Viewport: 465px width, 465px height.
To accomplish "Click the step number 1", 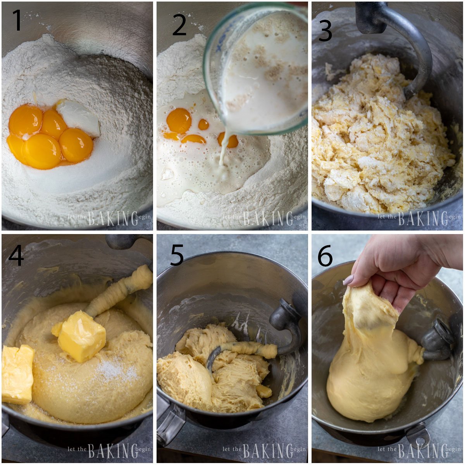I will [17, 20].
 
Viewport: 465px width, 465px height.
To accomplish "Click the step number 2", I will [179, 26].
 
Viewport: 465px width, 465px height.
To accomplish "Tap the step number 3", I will [325, 31].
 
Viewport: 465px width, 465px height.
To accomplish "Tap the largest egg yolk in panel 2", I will [179, 120].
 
